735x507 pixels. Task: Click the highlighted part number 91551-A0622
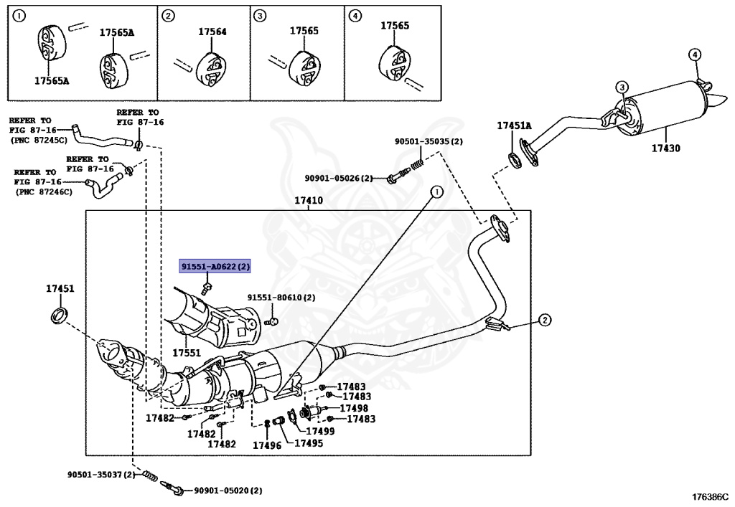coord(215,267)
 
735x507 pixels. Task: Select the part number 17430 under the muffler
coord(665,148)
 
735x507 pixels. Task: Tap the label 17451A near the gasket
coord(514,125)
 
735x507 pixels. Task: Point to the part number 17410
coord(309,201)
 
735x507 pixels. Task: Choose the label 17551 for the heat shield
coord(186,353)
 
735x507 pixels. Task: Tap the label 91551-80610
coord(281,297)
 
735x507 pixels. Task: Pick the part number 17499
coord(320,431)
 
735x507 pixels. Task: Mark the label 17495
coord(309,443)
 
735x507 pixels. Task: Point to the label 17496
coord(266,445)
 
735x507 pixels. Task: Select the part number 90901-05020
coord(228,491)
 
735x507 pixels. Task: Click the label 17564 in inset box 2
coord(212,32)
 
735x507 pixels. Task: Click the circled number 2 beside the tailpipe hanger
coord(544,320)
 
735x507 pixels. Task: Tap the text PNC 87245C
coord(39,141)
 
